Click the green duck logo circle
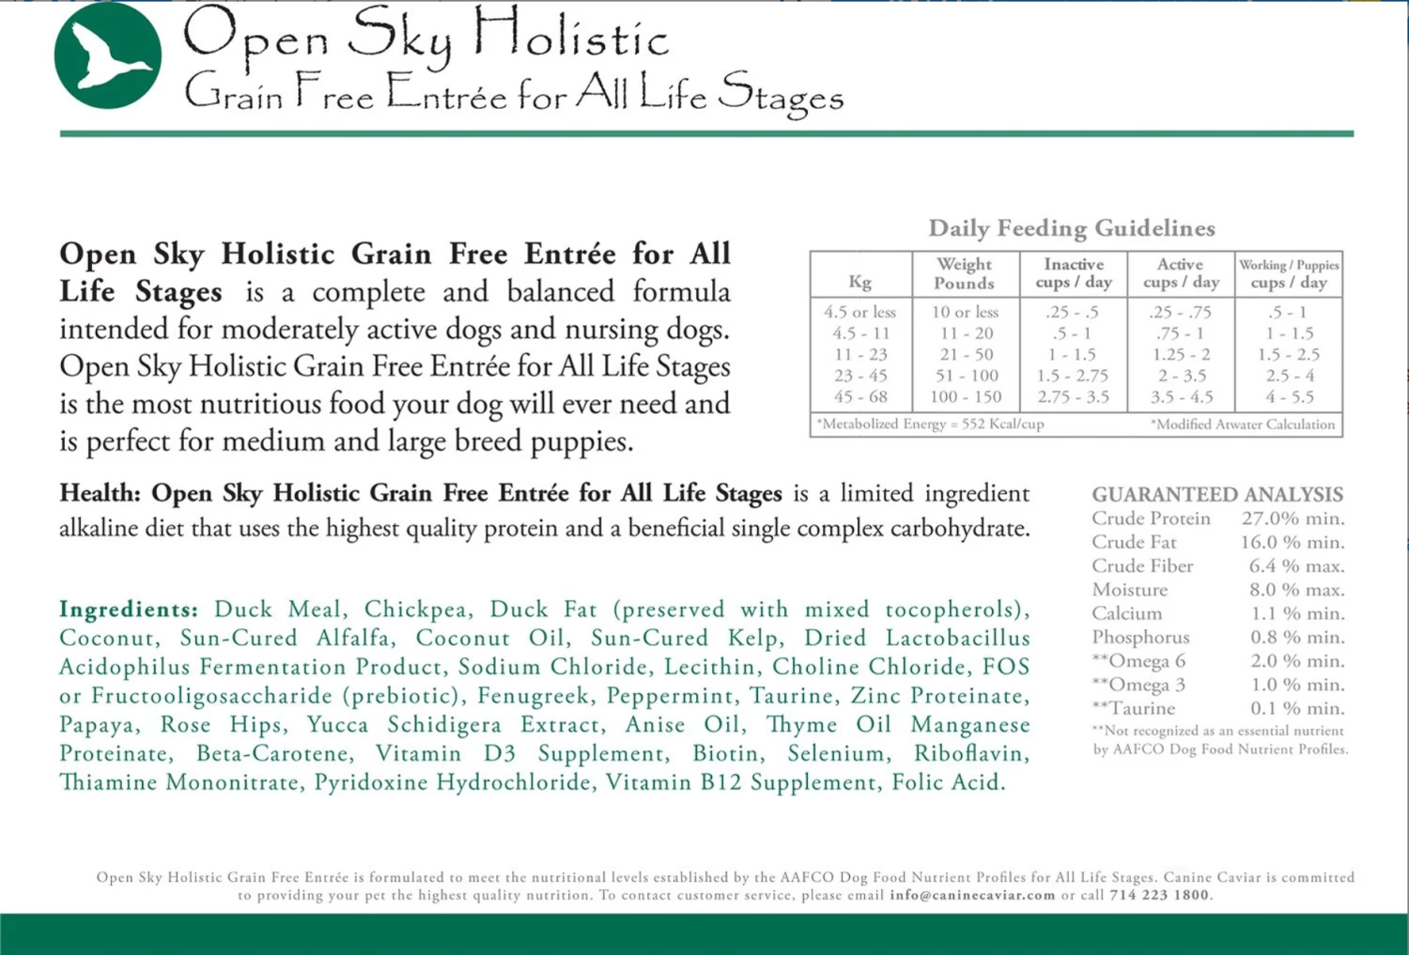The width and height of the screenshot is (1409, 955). pos(108,55)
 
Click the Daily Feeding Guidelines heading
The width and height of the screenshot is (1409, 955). pos(1071,228)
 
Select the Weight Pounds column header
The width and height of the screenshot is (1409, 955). pos(964,273)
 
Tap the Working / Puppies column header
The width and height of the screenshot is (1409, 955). pos(1289,273)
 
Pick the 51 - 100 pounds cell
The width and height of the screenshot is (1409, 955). pos(966,376)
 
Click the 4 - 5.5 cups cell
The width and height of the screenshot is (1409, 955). pos(1289,397)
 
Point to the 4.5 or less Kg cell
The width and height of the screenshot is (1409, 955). pos(859,312)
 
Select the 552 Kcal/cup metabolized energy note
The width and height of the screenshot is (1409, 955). pos(930,424)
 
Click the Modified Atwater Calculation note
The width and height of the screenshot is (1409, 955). pos(1243,424)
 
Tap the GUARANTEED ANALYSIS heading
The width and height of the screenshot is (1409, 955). pos(1217,494)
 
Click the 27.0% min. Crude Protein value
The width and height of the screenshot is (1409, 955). pos(1293,518)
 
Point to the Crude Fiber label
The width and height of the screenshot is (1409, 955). pos(1142,566)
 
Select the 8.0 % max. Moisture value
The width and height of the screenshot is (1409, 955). pos(1296,590)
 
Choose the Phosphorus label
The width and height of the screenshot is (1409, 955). pos(1140,638)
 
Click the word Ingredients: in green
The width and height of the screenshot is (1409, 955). pos(129,609)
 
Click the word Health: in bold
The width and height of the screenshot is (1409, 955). pos(100,494)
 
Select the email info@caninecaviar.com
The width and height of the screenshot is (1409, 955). pos(972,895)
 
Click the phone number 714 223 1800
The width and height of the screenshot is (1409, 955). pos(1159,895)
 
